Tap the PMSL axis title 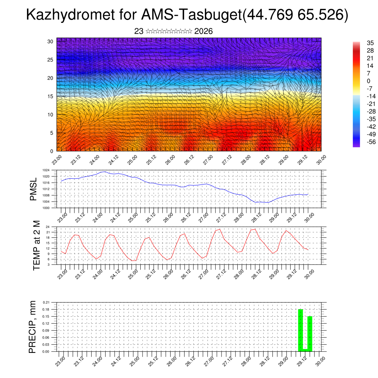coord(34,189)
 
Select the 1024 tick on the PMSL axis coord(46,170)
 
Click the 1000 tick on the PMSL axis coord(46,208)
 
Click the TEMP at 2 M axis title coord(36,245)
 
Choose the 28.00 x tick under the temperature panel coord(241,274)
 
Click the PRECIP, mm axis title coord(33,327)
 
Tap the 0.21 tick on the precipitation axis coord(46,302)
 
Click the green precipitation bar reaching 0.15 coord(310,332)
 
